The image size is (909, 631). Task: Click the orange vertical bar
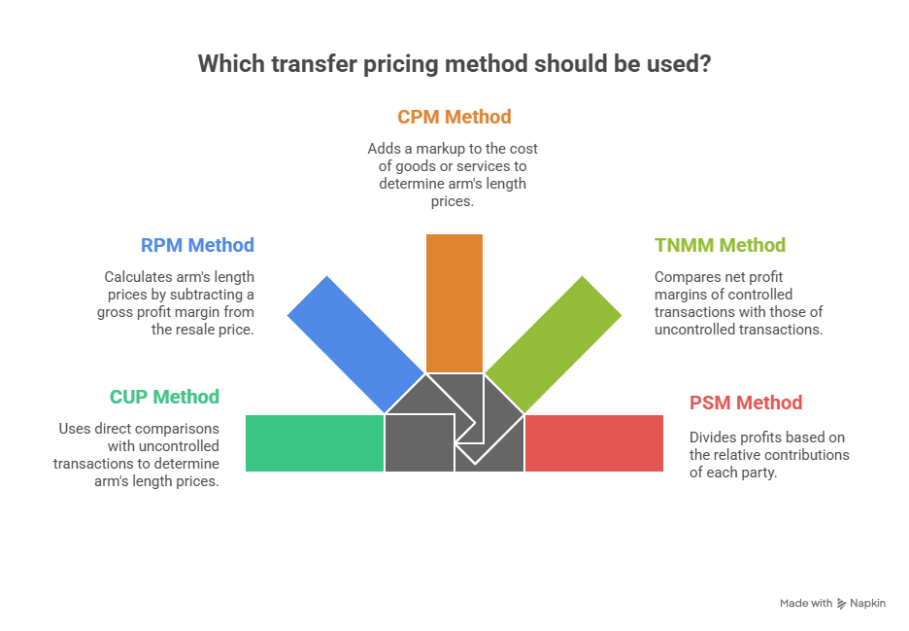[x=454, y=302]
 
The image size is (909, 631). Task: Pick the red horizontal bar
[x=594, y=443]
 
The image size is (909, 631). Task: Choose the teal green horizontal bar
[x=315, y=443]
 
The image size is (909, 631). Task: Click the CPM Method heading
[x=454, y=117]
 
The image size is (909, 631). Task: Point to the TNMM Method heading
[x=720, y=245]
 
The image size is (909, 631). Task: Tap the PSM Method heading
[x=746, y=403]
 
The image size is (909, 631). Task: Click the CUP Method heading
[x=164, y=397]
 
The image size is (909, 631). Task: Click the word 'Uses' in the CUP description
[x=75, y=429]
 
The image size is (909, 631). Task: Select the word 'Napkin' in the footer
[x=867, y=604]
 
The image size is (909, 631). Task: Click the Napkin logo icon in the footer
[x=841, y=604]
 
